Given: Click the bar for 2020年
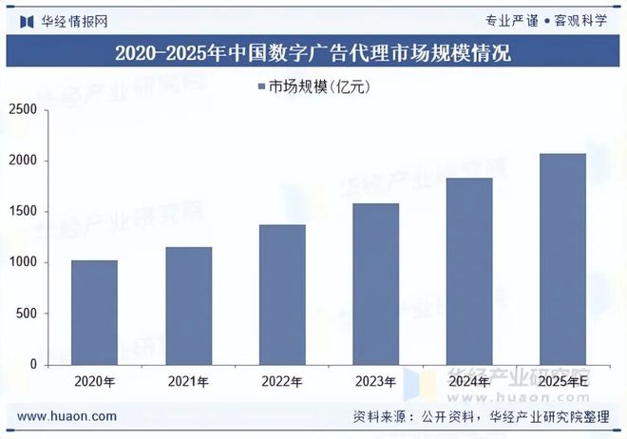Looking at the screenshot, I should [94, 313].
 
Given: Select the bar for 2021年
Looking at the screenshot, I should [188, 306].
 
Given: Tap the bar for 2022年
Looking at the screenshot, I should [282, 295].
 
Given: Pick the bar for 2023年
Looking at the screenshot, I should [376, 284].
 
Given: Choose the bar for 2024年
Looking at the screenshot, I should [469, 272].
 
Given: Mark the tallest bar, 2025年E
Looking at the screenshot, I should [563, 259].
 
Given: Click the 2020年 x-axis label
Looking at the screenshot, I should [94, 382].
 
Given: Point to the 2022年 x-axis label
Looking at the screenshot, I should [282, 382].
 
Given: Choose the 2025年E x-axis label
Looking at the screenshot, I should [563, 382].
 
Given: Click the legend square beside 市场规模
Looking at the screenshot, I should [260, 87].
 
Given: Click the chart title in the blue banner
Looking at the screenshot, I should [313, 52].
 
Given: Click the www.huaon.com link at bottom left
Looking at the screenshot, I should [67, 416].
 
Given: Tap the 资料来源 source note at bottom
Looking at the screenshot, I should [481, 416].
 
